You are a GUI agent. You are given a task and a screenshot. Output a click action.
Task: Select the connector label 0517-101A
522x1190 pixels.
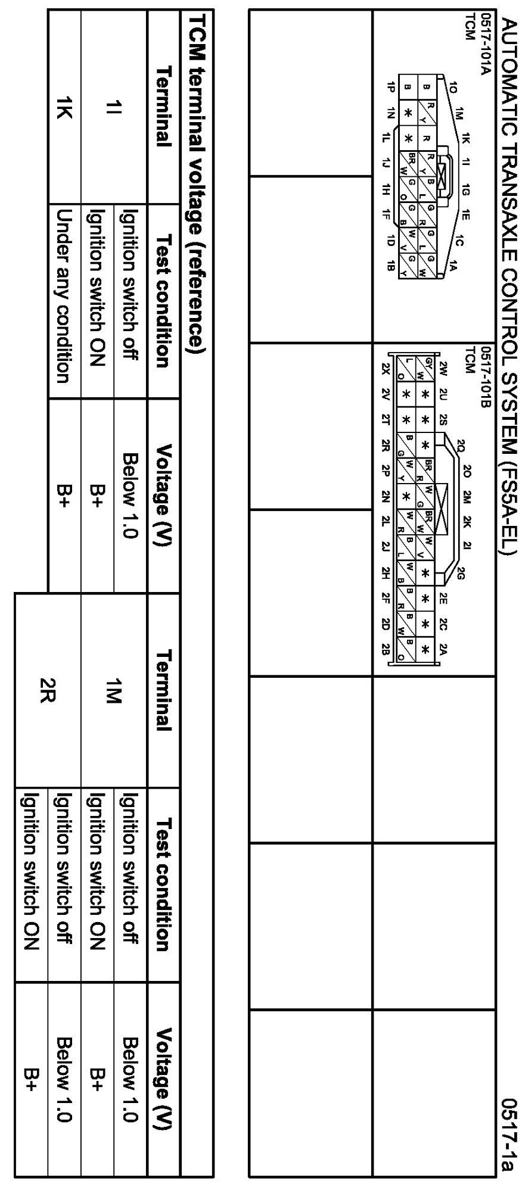pos(487,44)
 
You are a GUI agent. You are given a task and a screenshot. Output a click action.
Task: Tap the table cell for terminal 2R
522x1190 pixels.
pos(47,693)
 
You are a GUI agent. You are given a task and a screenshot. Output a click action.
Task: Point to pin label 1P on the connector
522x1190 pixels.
pos(390,85)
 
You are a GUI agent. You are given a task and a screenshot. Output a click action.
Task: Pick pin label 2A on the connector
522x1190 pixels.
pos(442,649)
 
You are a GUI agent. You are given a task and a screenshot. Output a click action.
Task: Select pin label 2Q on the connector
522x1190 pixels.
pos(461,444)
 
